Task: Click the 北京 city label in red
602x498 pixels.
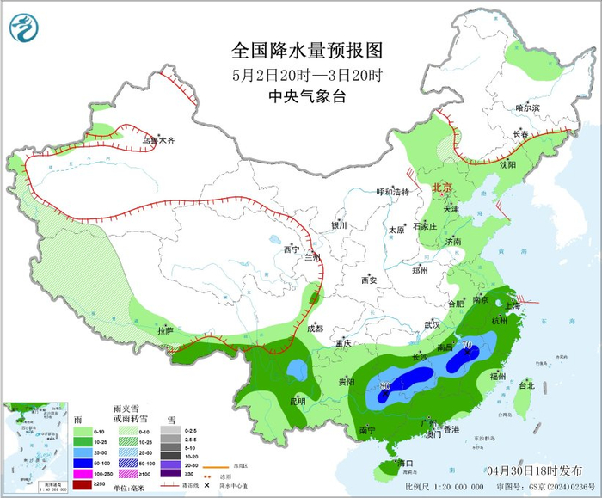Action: (x=441, y=187)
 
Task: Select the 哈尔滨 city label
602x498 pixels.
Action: (x=527, y=108)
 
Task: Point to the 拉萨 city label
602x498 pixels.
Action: (x=165, y=330)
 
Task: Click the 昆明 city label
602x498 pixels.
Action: (x=297, y=400)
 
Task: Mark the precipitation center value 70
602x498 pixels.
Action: (x=469, y=347)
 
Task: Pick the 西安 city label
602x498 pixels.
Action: (x=369, y=280)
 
